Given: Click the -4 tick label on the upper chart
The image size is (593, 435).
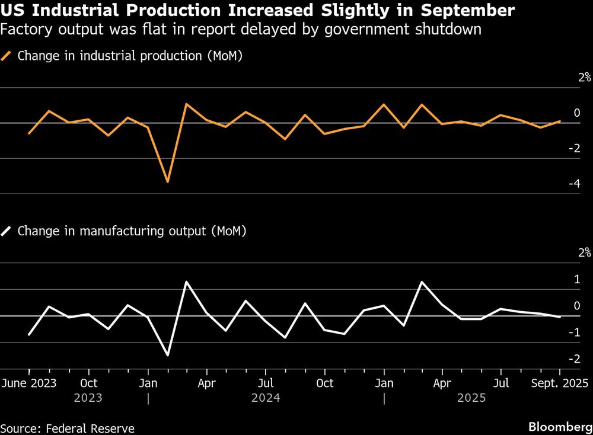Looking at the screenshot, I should [574, 184].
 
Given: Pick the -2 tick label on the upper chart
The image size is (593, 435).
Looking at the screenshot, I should [574, 148].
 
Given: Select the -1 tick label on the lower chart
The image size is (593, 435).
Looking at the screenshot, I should [574, 332].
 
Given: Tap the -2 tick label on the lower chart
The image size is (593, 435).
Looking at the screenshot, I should [574, 359].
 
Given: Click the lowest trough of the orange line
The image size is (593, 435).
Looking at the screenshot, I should [167, 181].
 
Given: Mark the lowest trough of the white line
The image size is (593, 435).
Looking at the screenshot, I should [167, 355].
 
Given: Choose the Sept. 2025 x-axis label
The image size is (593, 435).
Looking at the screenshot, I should [560, 382].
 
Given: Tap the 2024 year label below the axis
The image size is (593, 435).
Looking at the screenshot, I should [266, 398].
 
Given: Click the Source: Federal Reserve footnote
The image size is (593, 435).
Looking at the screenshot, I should [68, 428].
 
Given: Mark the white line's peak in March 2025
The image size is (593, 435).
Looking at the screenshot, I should [422, 282].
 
